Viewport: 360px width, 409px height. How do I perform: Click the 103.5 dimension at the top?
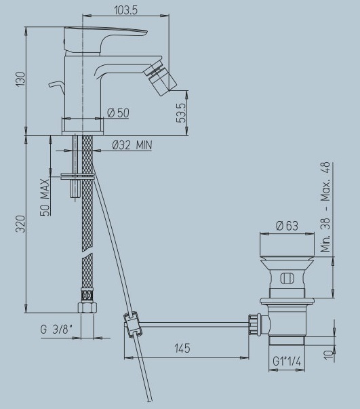point(125,10)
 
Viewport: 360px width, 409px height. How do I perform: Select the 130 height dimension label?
point(21,79)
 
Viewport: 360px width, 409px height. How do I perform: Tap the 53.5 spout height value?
point(181,113)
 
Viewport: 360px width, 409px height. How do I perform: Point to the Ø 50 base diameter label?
point(118,113)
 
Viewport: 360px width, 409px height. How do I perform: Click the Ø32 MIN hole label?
point(132,145)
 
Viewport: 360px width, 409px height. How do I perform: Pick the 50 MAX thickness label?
point(45,197)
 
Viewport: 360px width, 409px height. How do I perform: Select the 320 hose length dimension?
point(21,224)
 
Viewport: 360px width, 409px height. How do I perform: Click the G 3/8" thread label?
point(56,330)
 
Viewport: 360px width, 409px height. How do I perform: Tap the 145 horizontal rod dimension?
point(182,348)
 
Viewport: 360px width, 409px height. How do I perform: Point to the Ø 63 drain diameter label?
point(287,226)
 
